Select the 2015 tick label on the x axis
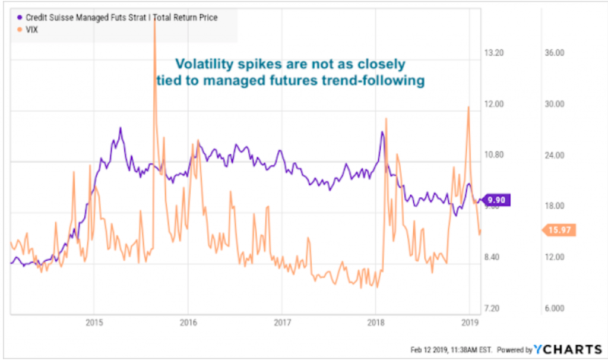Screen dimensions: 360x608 click(x=94, y=324)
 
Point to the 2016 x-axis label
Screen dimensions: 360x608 click(x=188, y=324)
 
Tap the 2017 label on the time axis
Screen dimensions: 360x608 click(x=281, y=324)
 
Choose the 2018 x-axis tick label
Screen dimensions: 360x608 click(x=375, y=324)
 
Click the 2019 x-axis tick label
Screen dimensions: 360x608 click(x=469, y=324)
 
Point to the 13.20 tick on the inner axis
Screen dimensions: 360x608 click(x=495, y=53)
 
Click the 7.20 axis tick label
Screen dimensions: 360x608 click(x=495, y=308)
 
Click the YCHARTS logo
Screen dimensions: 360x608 click(x=565, y=349)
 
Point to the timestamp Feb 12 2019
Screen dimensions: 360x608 click(x=430, y=349)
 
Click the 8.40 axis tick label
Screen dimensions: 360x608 click(x=495, y=257)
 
